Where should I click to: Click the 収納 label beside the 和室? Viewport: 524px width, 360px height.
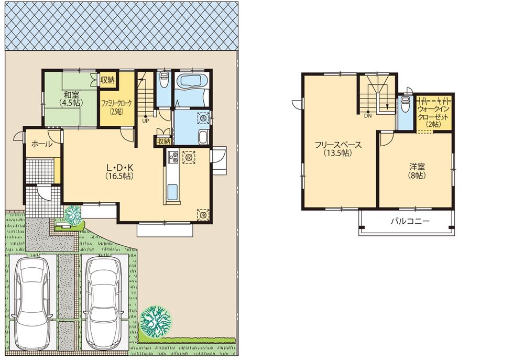(x=107, y=80)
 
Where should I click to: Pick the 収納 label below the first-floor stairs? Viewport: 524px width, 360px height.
(x=163, y=141)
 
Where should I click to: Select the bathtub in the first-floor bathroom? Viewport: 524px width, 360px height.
(x=193, y=82)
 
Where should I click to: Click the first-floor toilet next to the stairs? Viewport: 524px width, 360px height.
(x=163, y=80)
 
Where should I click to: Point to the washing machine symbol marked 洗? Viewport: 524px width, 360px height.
(x=203, y=118)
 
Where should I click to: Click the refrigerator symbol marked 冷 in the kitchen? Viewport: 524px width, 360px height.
(x=202, y=213)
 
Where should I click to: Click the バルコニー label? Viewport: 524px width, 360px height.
(x=410, y=221)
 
